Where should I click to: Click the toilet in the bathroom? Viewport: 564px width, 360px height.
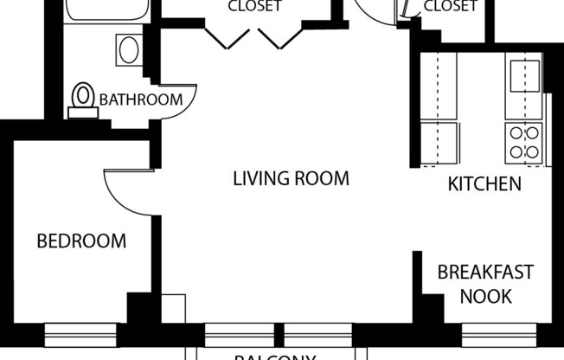click(84, 97)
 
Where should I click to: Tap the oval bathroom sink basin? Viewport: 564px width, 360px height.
click(129, 48)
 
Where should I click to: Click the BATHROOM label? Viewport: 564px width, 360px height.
click(140, 100)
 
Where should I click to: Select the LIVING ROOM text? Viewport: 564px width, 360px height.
click(291, 179)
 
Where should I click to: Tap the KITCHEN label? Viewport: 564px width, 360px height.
click(484, 183)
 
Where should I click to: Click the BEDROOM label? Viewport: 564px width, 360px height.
click(81, 241)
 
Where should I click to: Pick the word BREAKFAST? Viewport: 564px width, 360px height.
click(485, 273)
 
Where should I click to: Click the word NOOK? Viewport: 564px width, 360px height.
click(485, 297)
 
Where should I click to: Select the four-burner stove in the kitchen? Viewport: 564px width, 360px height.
click(524, 142)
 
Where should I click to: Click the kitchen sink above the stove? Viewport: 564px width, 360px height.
click(524, 74)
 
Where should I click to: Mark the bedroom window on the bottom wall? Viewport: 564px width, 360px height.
click(80, 331)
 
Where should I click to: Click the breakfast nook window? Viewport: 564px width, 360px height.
click(497, 331)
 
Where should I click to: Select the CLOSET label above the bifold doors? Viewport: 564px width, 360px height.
click(253, 7)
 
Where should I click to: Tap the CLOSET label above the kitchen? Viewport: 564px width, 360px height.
click(450, 7)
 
